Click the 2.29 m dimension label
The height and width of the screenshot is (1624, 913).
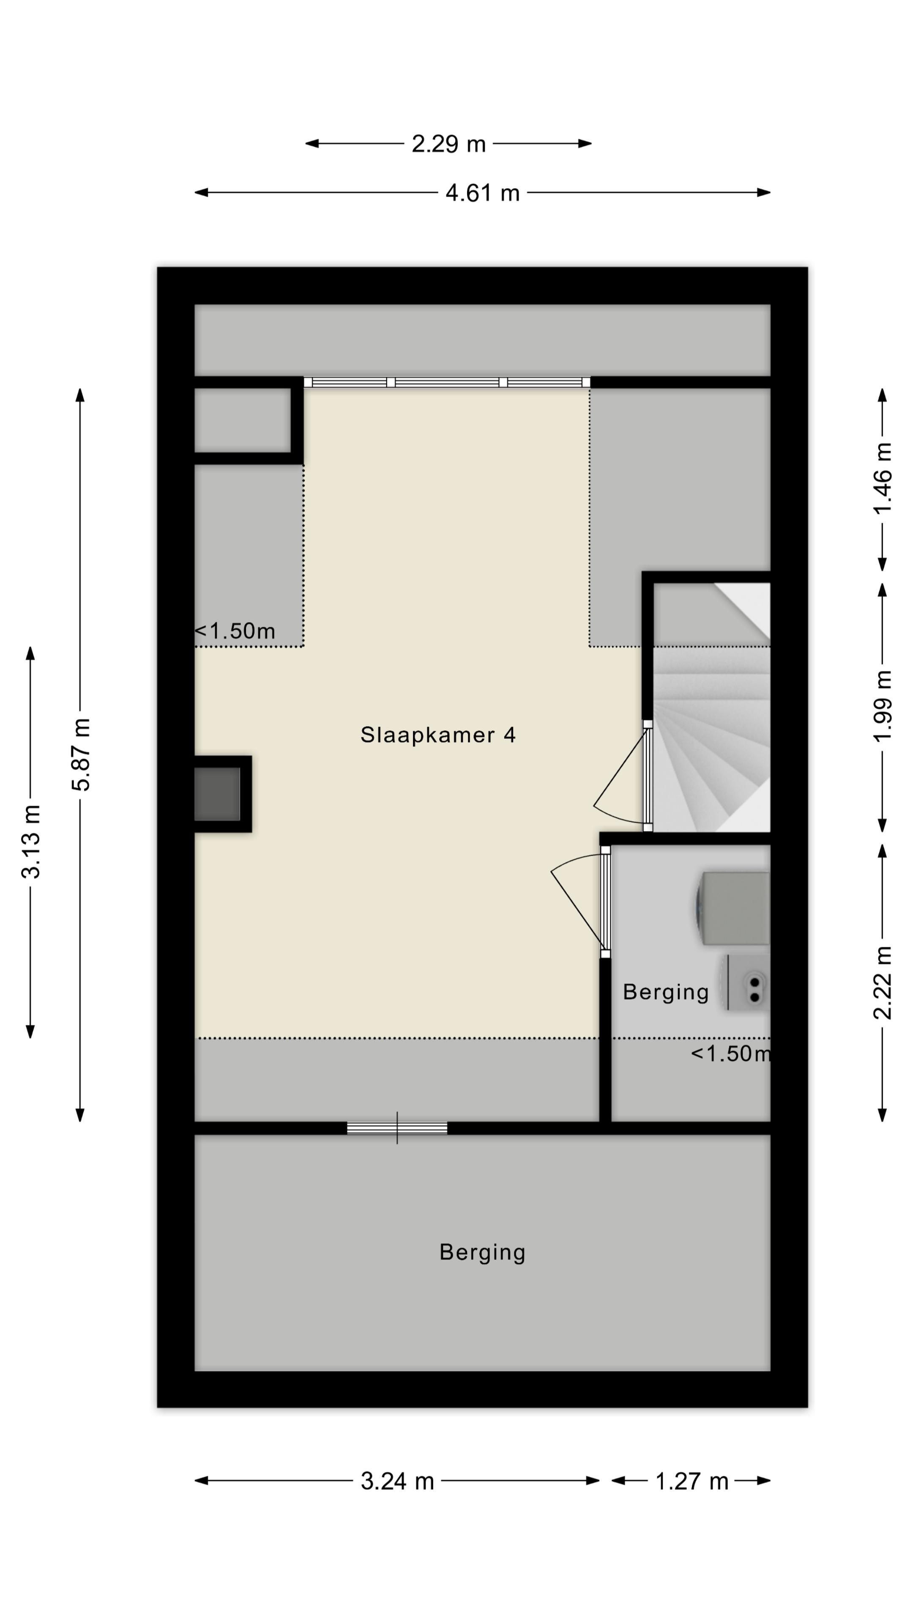click(448, 144)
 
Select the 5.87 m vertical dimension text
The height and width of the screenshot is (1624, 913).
click(81, 754)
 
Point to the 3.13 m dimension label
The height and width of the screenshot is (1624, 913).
click(30, 842)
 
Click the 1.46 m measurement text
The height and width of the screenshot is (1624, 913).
click(883, 478)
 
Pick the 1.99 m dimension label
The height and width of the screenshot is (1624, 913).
click(883, 706)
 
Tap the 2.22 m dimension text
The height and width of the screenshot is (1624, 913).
click(883, 983)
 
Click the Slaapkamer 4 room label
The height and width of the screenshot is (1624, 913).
click(438, 735)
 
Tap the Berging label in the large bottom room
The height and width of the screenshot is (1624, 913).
click(482, 1253)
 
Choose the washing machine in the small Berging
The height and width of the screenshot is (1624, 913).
click(733, 908)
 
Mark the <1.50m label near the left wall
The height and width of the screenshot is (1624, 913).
click(235, 631)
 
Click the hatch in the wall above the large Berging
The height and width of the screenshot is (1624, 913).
click(397, 1128)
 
